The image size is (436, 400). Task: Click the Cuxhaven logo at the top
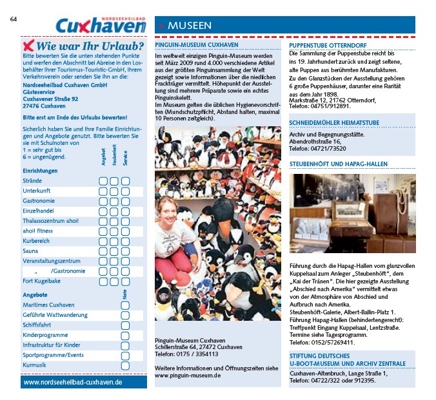point(99,25)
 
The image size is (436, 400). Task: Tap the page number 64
point(14,19)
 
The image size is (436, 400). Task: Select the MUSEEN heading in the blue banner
point(190,26)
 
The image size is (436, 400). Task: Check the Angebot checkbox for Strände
point(103,181)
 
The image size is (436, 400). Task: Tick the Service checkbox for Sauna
point(126,251)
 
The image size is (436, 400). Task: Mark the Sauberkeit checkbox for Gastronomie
point(114,201)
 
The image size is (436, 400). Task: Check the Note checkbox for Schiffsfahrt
point(125,325)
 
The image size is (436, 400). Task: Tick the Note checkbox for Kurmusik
point(125,365)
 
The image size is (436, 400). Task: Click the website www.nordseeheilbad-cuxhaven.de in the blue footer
point(73,382)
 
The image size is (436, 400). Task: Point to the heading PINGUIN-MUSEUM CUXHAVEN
point(197,46)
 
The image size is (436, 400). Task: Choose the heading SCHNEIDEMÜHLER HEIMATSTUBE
point(333,122)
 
